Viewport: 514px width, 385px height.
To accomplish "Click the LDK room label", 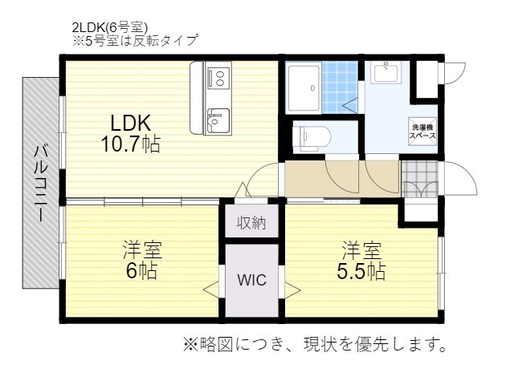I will [130, 123].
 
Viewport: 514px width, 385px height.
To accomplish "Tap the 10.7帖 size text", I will [130, 145].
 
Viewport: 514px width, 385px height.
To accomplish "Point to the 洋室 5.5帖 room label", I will [361, 259].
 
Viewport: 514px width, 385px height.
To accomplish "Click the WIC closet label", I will [251, 281].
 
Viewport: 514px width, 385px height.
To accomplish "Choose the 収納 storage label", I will [251, 222].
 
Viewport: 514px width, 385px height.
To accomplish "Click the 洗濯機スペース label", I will [423, 132].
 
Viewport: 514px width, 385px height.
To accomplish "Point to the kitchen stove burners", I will [218, 78].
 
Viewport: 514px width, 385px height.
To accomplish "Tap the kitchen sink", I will [217, 122].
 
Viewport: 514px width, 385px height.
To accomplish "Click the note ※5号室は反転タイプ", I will [134, 38].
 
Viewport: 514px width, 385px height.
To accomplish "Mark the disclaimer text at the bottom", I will [315, 346].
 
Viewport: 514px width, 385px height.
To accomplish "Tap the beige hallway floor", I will [341, 178].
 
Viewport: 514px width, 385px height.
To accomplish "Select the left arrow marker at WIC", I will [211, 290].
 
